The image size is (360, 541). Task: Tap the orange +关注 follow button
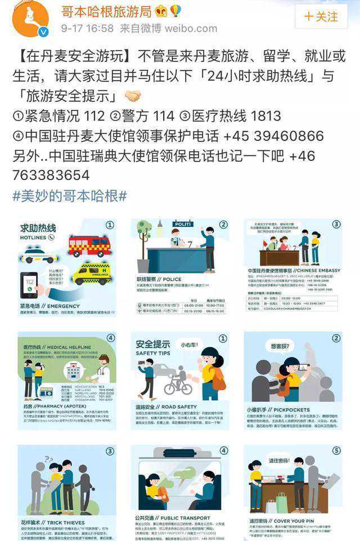tap(322, 16)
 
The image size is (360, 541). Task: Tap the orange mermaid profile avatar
tap(30, 18)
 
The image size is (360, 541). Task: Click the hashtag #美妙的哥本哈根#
tap(70, 196)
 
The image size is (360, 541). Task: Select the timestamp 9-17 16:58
tap(87, 28)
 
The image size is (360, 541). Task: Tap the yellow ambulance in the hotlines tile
tap(91, 274)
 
